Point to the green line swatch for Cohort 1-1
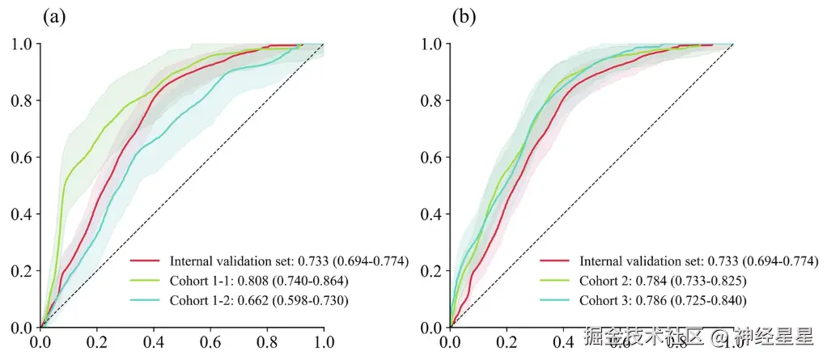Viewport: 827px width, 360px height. [x=146, y=281]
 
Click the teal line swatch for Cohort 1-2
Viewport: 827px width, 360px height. [x=146, y=300]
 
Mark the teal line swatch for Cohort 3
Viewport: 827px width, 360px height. [x=556, y=300]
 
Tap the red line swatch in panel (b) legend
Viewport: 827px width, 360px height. [x=556, y=261]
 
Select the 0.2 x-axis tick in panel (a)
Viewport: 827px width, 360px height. [x=97, y=343]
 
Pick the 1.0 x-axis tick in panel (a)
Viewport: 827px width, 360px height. [x=324, y=343]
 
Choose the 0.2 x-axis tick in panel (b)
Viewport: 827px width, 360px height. [x=507, y=343]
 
